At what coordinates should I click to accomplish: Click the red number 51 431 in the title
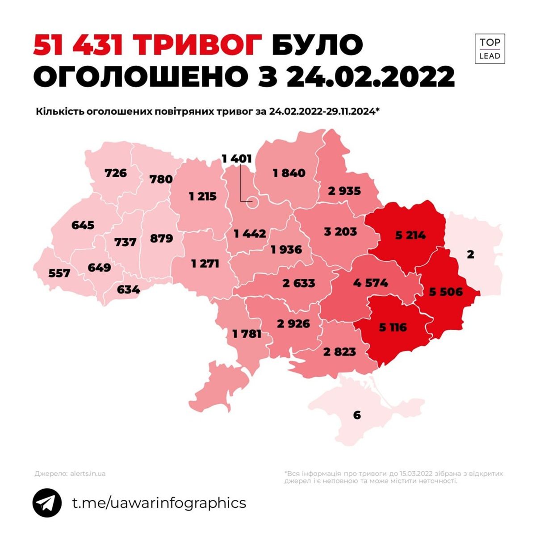tap(78, 45)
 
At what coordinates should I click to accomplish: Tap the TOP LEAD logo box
tap(490, 49)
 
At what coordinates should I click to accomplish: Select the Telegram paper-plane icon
tap(47, 503)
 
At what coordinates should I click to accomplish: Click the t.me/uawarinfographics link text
tap(159, 502)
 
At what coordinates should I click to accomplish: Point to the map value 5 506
tap(446, 292)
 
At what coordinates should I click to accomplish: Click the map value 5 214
tap(410, 234)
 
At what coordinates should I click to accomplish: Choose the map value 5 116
tap(393, 327)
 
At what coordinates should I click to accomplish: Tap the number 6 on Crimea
tap(356, 415)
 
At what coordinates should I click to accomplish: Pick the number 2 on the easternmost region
tap(470, 255)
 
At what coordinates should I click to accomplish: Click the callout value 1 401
tap(237, 159)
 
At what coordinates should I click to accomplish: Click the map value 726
tap(116, 172)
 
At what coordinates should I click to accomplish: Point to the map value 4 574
tap(370, 283)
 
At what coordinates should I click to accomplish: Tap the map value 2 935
tap(344, 191)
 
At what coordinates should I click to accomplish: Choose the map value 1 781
tap(247, 334)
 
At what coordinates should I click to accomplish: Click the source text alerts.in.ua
tap(88, 473)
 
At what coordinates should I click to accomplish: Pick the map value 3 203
tap(340, 231)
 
